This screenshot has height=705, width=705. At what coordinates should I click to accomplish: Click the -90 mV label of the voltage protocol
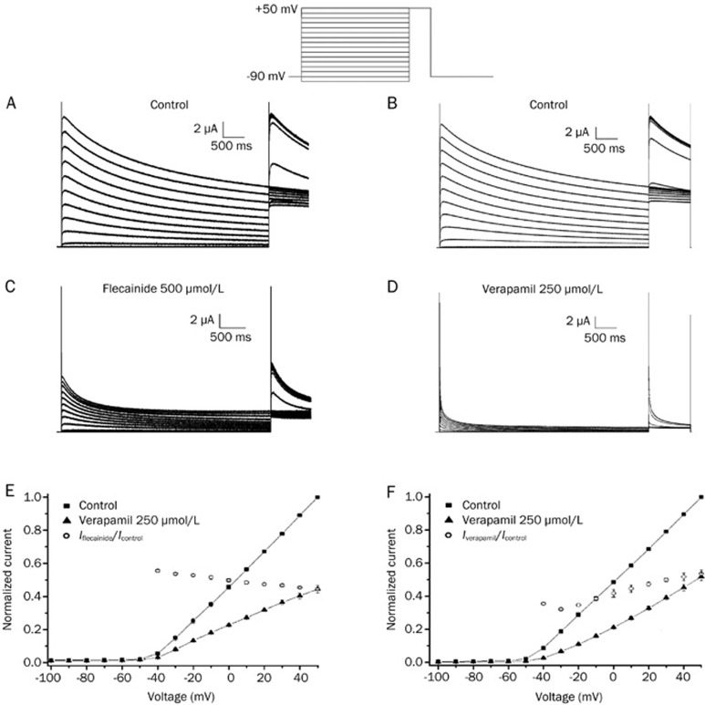coord(270,78)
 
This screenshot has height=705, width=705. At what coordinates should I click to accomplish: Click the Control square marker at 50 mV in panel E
coord(317,497)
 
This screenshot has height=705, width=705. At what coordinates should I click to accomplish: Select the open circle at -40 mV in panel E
coord(158,571)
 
